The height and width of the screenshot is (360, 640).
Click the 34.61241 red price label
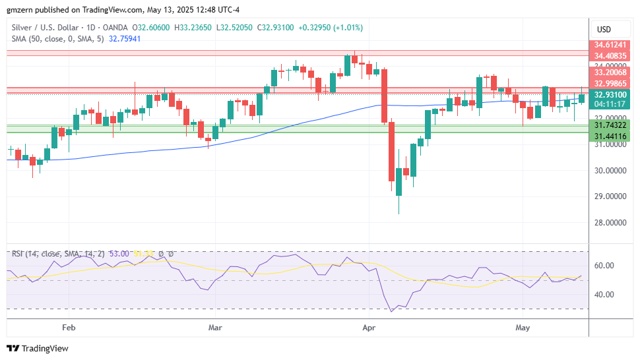tap(610, 45)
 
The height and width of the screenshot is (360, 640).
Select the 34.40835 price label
tap(610, 56)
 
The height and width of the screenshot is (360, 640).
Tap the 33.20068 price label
tap(610, 72)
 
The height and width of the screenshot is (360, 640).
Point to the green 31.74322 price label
tap(610, 125)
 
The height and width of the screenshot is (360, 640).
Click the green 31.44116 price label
tap(610, 136)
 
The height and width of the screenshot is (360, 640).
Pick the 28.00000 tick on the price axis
tap(610, 222)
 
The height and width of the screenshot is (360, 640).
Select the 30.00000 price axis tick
tap(610, 170)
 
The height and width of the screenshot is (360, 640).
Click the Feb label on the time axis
tap(68, 327)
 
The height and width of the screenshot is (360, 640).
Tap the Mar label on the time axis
tap(214, 327)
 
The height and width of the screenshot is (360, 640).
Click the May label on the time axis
tap(523, 327)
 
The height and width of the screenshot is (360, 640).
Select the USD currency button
tap(604, 30)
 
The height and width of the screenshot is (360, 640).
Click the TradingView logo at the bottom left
tap(38, 348)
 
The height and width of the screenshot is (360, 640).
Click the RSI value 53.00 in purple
tap(119, 254)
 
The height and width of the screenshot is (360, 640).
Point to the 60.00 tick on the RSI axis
tap(605, 266)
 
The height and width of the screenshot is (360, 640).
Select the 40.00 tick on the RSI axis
tap(605, 295)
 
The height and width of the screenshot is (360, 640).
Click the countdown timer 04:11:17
tap(610, 104)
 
